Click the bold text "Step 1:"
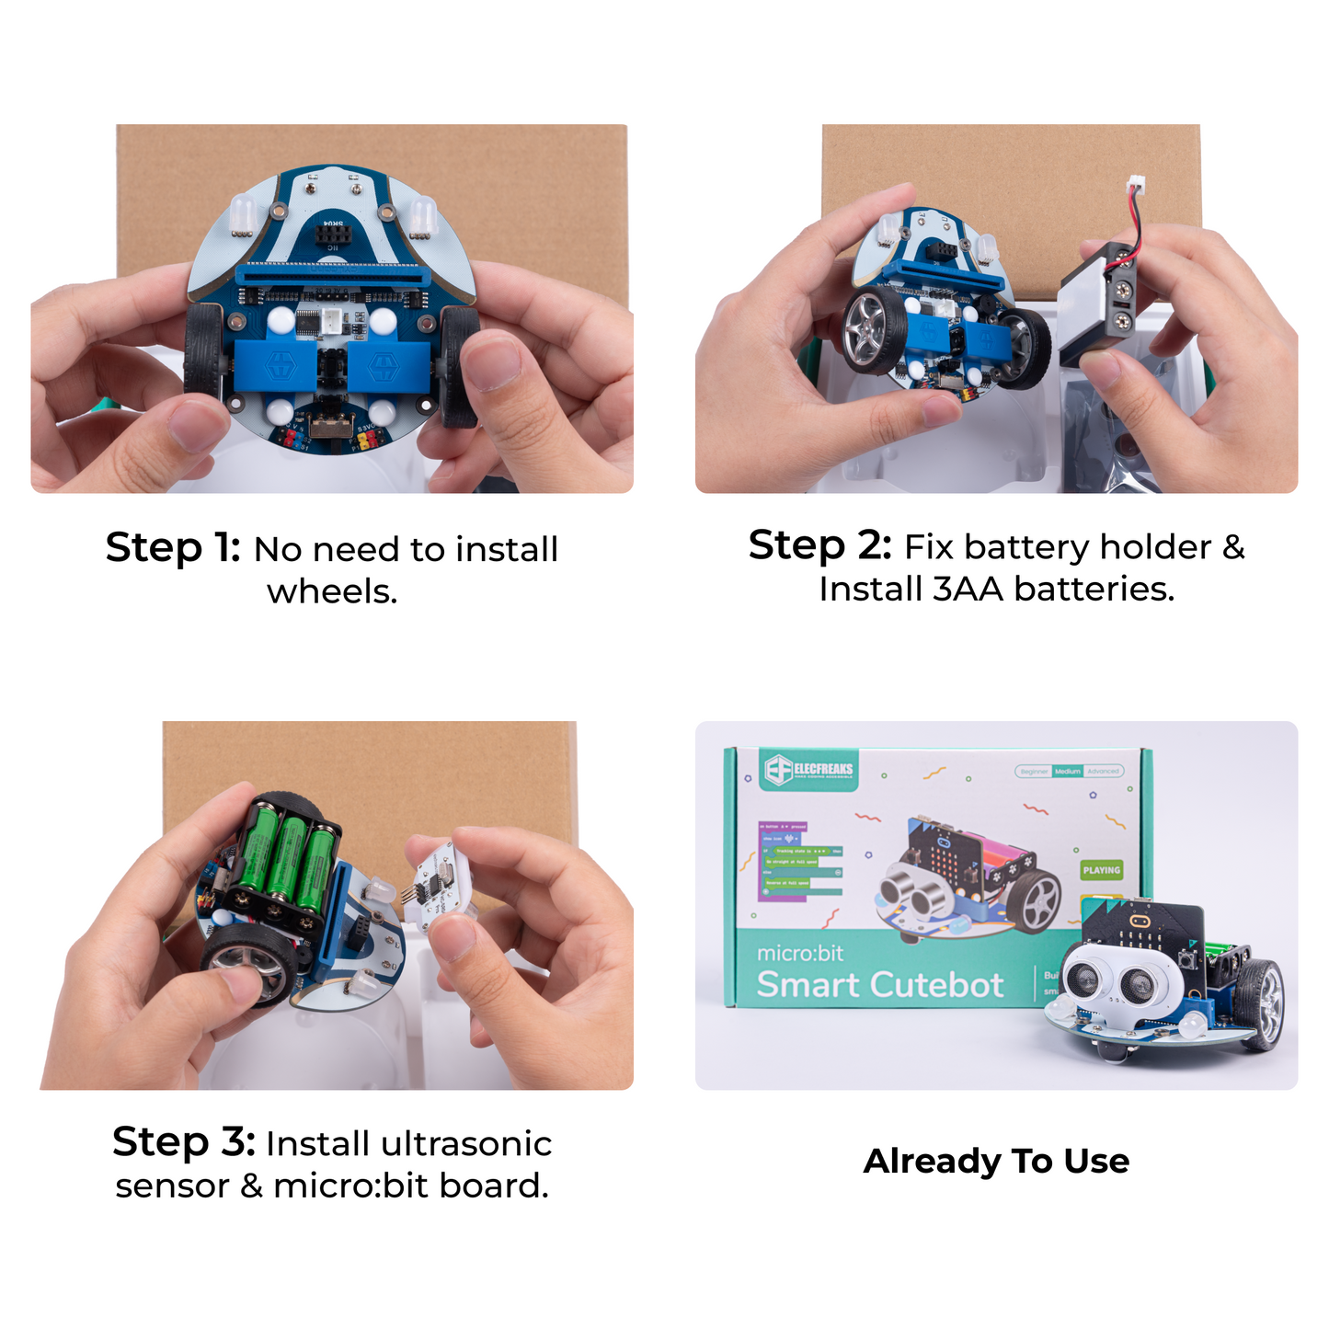172,548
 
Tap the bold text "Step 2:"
819,545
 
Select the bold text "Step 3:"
183,1142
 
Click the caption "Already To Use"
996,1162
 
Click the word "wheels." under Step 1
332,591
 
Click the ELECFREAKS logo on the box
809,770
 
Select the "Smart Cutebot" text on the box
879,985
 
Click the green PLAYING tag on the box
1101,869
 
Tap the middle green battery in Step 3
287,860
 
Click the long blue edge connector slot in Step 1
332,272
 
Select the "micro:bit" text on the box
800,953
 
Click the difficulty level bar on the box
1069,771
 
